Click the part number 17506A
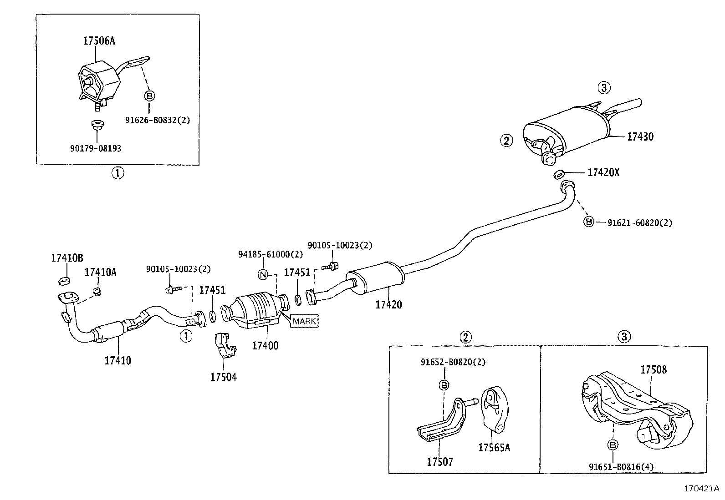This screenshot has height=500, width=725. pyautogui.click(x=99, y=41)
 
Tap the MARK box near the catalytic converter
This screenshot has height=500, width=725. pyautogui.click(x=304, y=321)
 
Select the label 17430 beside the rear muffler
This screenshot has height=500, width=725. pyautogui.click(x=640, y=136)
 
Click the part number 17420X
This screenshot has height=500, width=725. pyautogui.click(x=603, y=172)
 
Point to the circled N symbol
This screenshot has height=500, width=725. pyautogui.click(x=263, y=274)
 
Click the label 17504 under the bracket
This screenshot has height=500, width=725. pyautogui.click(x=223, y=377)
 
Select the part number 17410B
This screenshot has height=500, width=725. pyautogui.click(x=67, y=258)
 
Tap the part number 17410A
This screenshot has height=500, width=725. pyautogui.click(x=100, y=272)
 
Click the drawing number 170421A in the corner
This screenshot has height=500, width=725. pyautogui.click(x=701, y=489)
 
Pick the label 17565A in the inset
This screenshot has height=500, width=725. pyautogui.click(x=494, y=448)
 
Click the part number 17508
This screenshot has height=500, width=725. pyautogui.click(x=654, y=369)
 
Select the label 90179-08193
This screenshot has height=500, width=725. pyautogui.click(x=96, y=148)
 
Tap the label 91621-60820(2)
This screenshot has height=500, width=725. pyautogui.click(x=639, y=222)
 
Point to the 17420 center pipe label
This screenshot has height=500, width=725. pyautogui.click(x=388, y=304)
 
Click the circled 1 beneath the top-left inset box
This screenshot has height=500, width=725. pyautogui.click(x=117, y=173)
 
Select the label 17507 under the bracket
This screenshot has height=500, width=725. pyautogui.click(x=440, y=462)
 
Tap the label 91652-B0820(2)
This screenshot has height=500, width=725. pyautogui.click(x=453, y=362)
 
